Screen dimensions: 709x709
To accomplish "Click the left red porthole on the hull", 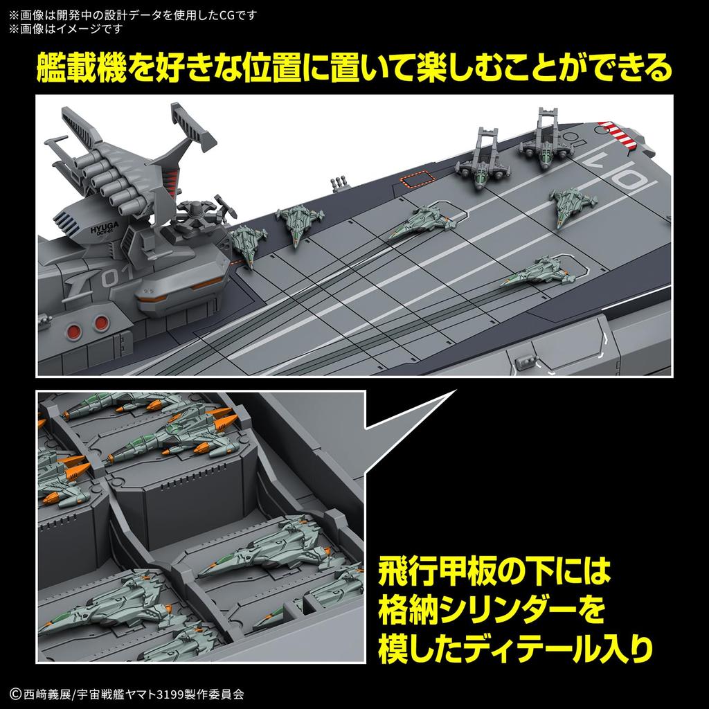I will [74, 322].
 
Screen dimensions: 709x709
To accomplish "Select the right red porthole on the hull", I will [102, 321].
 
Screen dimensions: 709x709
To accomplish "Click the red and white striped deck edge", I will [620, 134].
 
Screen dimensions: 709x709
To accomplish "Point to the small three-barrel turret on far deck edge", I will [339, 185].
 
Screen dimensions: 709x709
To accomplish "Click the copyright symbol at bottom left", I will [15, 692].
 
